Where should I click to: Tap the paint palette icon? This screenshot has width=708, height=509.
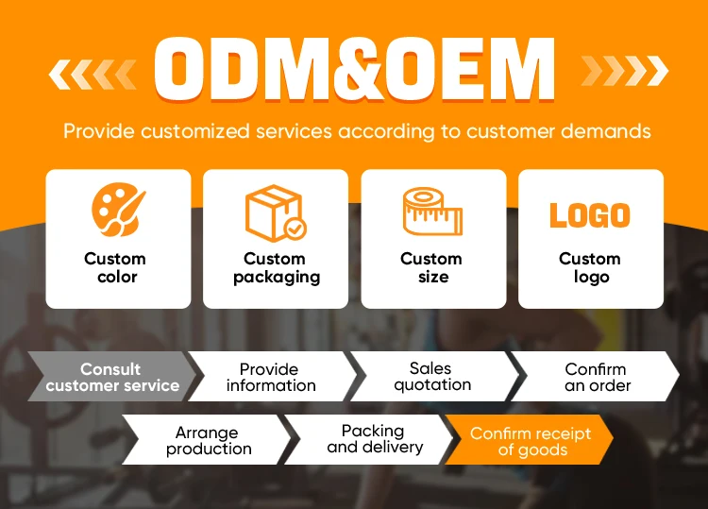[118, 212]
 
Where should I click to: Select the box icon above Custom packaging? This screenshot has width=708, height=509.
[276, 213]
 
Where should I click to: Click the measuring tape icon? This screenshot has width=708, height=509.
[433, 212]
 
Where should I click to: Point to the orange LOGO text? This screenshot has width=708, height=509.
[590, 215]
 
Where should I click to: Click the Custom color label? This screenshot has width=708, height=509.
[116, 267]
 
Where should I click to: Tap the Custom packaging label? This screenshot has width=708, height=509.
[276, 267]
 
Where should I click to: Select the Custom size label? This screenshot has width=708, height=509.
[431, 267]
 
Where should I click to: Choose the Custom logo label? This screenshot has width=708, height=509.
[590, 267]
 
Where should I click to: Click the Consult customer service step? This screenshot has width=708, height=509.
[111, 377]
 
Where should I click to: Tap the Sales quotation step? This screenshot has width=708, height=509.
[431, 376]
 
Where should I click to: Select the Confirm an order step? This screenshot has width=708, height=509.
[596, 377]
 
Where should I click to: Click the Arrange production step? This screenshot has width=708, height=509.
[208, 440]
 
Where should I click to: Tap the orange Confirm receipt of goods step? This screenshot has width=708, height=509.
[531, 441]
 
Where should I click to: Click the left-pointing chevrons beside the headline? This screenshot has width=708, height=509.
[93, 71]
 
